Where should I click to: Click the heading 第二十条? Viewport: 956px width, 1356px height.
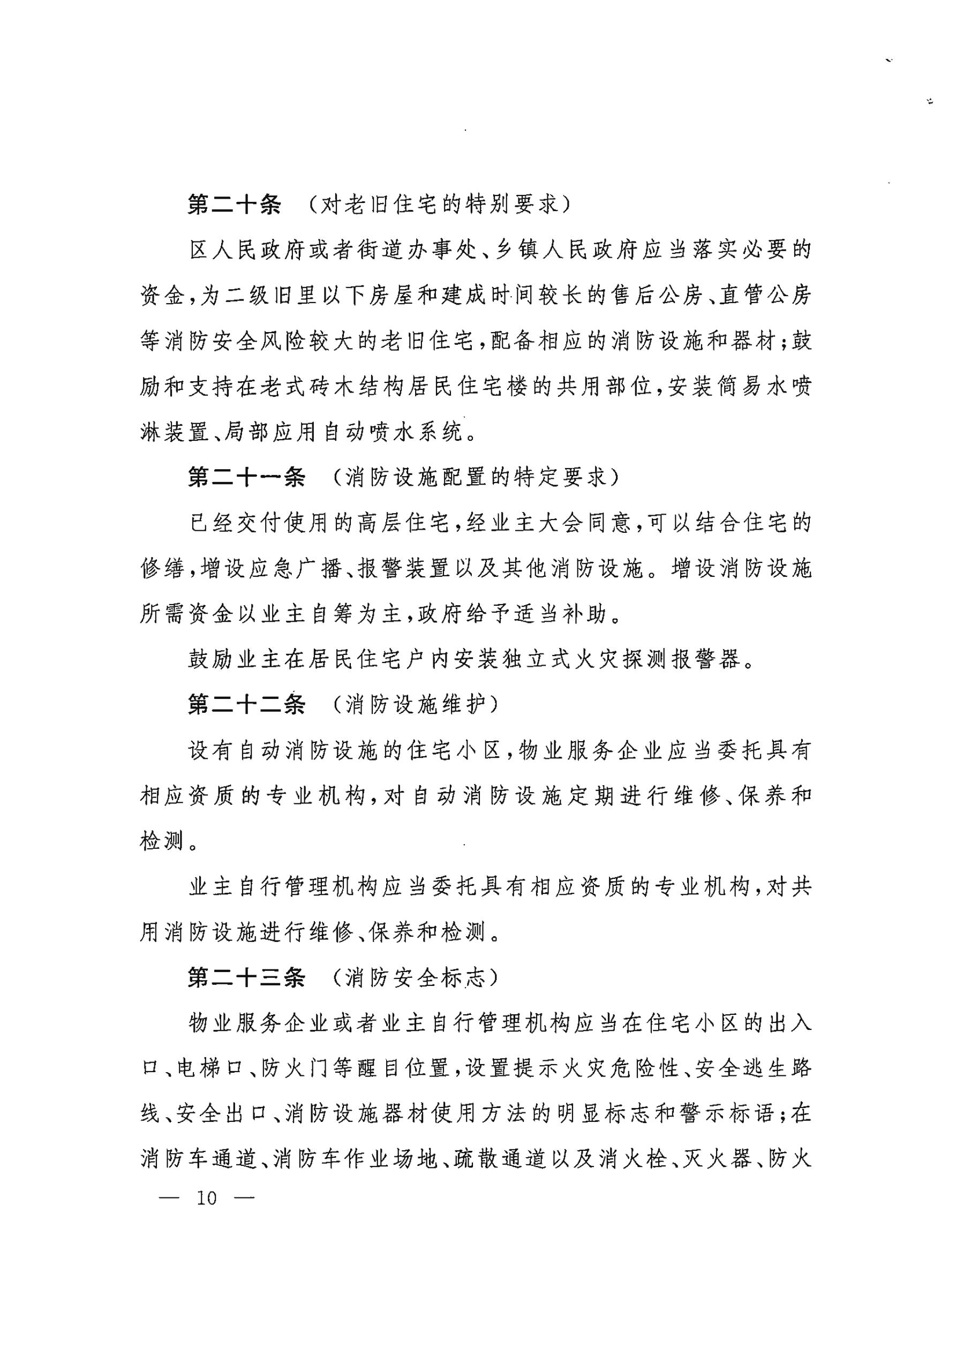click(x=235, y=205)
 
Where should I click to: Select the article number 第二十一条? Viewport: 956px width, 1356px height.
click(x=246, y=477)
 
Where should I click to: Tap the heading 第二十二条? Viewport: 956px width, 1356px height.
click(x=246, y=704)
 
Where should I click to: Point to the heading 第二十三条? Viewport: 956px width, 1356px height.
click(x=246, y=977)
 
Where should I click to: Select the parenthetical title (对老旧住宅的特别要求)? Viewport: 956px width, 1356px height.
click(x=440, y=205)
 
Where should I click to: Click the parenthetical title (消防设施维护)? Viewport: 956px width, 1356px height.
click(x=416, y=704)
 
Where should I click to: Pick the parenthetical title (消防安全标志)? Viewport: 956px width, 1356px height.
click(x=416, y=977)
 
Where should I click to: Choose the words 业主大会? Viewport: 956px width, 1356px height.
click(x=528, y=523)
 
